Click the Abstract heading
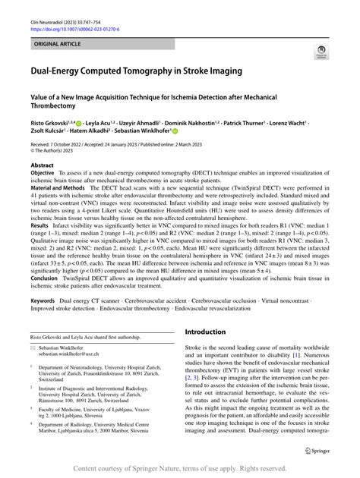point(43,164)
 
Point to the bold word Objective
point(46,172)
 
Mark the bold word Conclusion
point(47,278)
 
